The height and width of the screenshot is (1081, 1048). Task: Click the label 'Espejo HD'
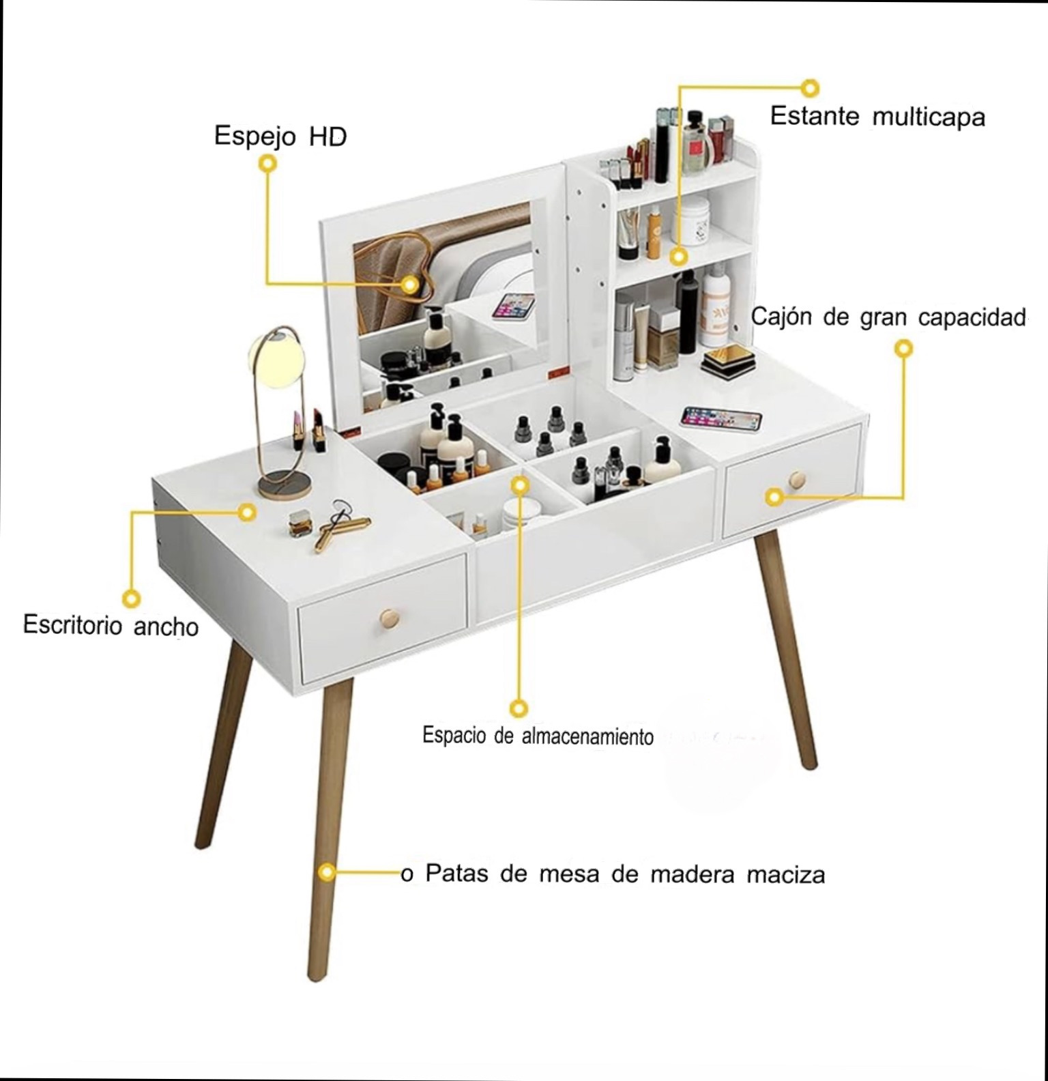coord(280,136)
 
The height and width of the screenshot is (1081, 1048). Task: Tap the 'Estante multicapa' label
coord(877,116)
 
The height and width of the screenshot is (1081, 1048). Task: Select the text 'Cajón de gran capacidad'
coord(888,317)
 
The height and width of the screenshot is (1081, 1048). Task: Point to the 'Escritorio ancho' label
coord(111,625)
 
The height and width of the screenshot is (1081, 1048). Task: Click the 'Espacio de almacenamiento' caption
coord(538,736)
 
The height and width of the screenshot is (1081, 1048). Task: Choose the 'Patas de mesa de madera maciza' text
coord(625,874)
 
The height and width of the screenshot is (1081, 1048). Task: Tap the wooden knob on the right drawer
coord(796,480)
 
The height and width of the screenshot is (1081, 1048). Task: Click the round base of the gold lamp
coord(285,485)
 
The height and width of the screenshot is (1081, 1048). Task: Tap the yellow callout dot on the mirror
coord(409,284)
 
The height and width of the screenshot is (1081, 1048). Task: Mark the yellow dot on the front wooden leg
coord(328,872)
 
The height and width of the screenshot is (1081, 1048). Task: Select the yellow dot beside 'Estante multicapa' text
coord(810,87)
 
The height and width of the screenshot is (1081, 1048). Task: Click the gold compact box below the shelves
coord(728,360)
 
